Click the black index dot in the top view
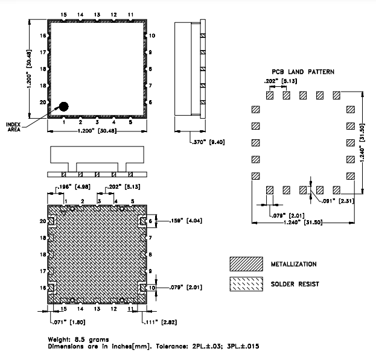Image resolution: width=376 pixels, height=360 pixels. (63, 106)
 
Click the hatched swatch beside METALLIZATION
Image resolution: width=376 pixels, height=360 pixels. (246, 264)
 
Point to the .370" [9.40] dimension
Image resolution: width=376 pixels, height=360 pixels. (193, 142)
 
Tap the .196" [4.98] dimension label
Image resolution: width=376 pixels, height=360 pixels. (68, 187)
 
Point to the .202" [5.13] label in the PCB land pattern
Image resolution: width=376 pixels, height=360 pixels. (279, 81)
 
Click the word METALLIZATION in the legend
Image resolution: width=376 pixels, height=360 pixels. (294, 264)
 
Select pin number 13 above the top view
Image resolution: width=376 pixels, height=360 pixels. (97, 13)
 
